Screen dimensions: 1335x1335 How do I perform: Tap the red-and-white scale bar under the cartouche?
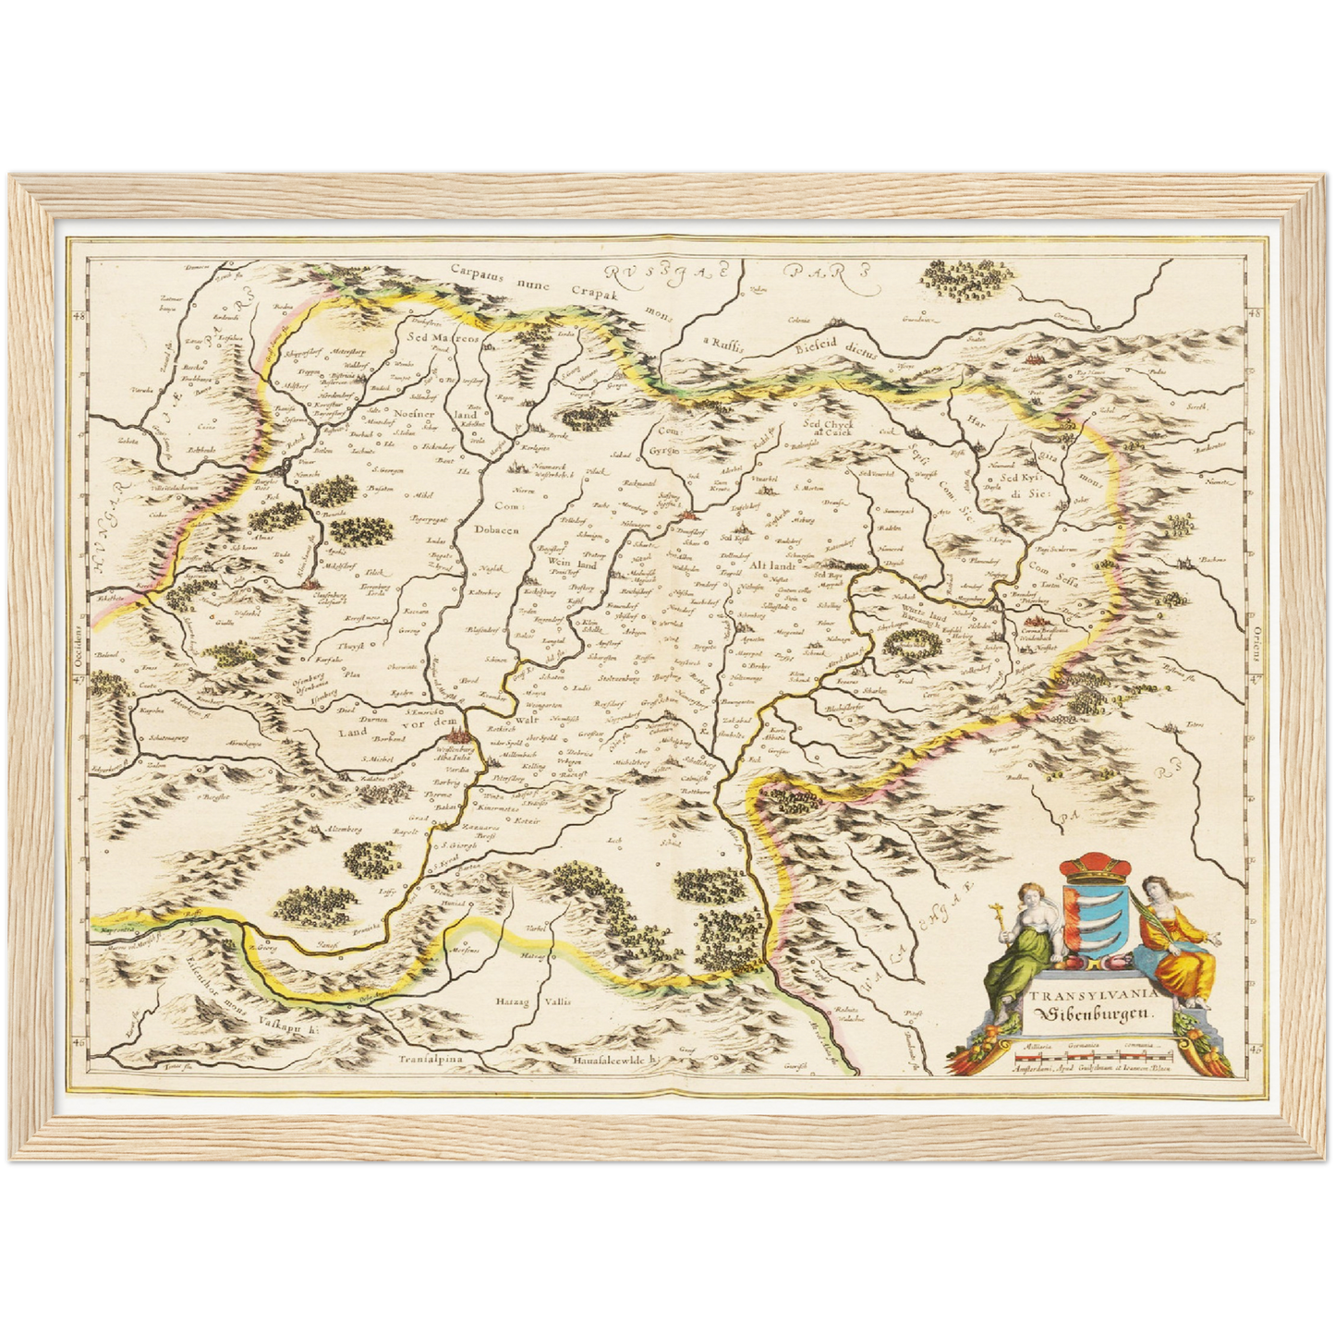[x=1092, y=1052]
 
